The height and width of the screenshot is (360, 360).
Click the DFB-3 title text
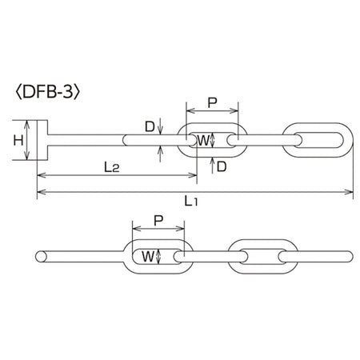(x=48, y=93)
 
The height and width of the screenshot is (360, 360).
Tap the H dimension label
(x=18, y=140)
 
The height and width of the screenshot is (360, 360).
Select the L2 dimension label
(x=111, y=167)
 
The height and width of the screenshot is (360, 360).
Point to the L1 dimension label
(x=191, y=201)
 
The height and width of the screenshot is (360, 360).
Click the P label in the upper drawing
(x=212, y=103)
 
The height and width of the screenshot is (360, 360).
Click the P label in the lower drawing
(x=158, y=220)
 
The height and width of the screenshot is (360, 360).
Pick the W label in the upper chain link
(x=202, y=140)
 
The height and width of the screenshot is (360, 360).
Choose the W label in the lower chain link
(x=148, y=257)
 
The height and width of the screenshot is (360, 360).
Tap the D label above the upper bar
(x=150, y=126)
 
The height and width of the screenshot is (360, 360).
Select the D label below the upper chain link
(x=222, y=167)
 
